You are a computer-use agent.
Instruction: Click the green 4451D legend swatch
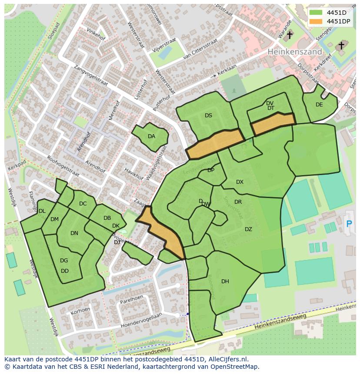(x=316, y=13)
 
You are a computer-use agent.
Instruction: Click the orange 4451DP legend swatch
(x=316, y=21)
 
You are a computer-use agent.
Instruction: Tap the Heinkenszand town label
(x=295, y=51)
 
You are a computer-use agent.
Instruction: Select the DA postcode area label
(x=151, y=136)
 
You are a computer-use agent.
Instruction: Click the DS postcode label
(x=208, y=116)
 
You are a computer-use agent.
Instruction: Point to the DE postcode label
(x=319, y=105)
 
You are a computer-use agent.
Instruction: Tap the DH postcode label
(x=225, y=281)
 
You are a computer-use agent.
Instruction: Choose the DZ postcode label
(x=248, y=229)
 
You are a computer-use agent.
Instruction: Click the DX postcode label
(x=240, y=182)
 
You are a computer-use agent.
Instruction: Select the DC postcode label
(x=83, y=204)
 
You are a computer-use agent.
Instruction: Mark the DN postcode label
(x=74, y=233)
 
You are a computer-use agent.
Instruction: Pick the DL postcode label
(x=42, y=211)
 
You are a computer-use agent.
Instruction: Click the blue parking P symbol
(x=349, y=224)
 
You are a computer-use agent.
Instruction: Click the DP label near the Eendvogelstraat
(x=211, y=170)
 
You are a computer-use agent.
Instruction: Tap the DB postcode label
(x=107, y=218)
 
